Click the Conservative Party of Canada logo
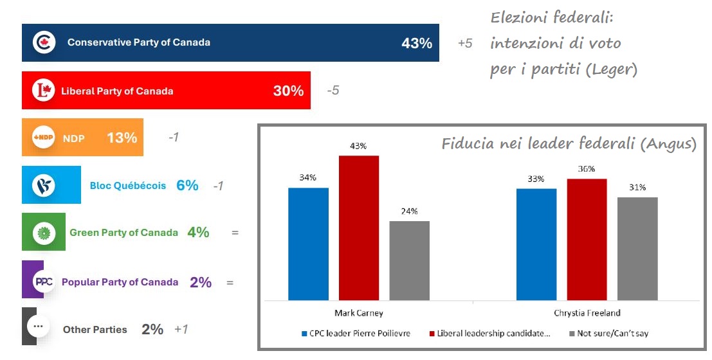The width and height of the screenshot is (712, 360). (44, 43)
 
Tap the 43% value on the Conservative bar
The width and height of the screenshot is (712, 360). (417, 44)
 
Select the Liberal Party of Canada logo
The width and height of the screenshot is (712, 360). (44, 91)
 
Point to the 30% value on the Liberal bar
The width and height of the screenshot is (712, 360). (288, 91)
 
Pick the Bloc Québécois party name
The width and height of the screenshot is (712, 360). (127, 185)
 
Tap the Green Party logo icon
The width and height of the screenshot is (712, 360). (44, 232)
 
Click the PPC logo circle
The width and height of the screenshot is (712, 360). (44, 282)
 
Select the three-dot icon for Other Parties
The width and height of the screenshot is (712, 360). (38, 327)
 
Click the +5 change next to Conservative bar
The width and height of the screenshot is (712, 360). (465, 44)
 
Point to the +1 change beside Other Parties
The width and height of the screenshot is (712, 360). (181, 329)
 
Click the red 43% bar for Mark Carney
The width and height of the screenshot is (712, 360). (359, 228)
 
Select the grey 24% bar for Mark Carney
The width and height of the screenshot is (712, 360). (409, 260)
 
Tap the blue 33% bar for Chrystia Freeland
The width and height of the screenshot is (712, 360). (536, 244)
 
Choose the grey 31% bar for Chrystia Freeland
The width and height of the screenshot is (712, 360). (637, 249)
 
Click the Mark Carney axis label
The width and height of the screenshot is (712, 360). (359, 313)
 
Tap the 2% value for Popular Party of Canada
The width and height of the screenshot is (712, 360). (201, 282)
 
